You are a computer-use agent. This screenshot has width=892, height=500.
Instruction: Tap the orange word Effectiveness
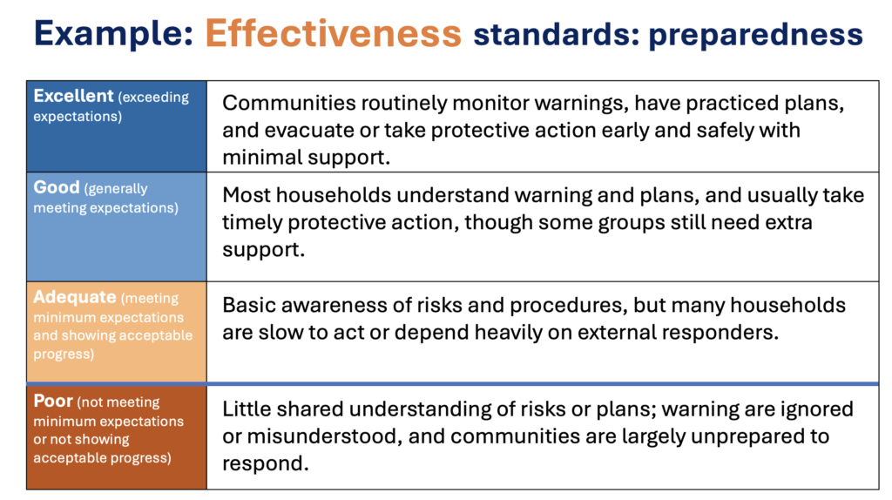coord(334,33)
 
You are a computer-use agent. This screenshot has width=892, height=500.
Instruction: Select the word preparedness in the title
coord(755,35)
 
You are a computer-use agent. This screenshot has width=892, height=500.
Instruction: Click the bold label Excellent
coord(73,96)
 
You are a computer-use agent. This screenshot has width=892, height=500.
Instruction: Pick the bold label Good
coord(57,187)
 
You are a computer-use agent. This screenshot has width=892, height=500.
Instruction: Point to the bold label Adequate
coord(75,297)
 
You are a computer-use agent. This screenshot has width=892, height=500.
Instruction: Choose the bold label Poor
coord(53,401)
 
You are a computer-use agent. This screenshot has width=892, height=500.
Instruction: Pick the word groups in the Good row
coord(632,223)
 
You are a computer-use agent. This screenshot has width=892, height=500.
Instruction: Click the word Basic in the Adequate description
coord(248,306)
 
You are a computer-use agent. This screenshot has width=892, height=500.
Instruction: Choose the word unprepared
coord(756,436)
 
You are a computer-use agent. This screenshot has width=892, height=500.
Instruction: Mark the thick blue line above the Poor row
coord(453,384)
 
